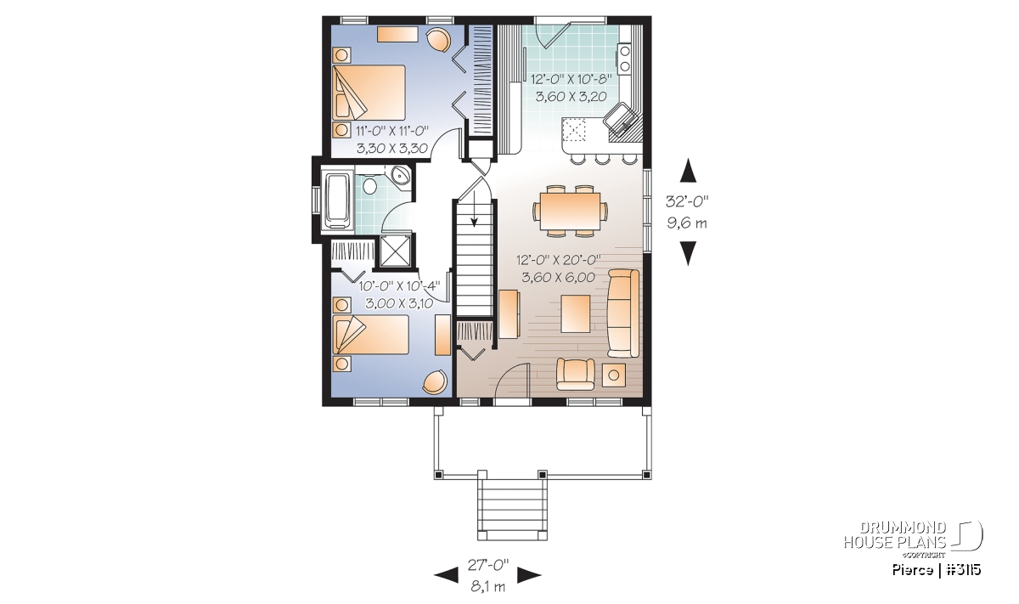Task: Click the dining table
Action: click(x=570, y=212)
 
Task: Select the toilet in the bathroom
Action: click(x=369, y=185)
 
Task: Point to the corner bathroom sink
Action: click(x=401, y=176)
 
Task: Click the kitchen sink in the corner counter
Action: click(x=622, y=120)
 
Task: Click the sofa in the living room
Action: click(x=623, y=313)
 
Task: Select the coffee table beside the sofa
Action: click(x=576, y=314)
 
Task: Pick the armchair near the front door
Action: click(x=576, y=374)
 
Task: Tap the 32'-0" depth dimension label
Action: click(x=687, y=201)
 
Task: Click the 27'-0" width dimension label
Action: click(x=487, y=565)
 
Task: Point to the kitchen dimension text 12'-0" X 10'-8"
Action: click(x=571, y=79)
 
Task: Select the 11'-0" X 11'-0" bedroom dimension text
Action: click(x=392, y=131)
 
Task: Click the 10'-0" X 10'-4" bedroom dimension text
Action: click(x=399, y=285)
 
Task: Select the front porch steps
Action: click(x=512, y=510)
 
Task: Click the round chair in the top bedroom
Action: click(x=438, y=40)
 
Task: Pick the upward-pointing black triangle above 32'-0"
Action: click(x=689, y=170)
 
